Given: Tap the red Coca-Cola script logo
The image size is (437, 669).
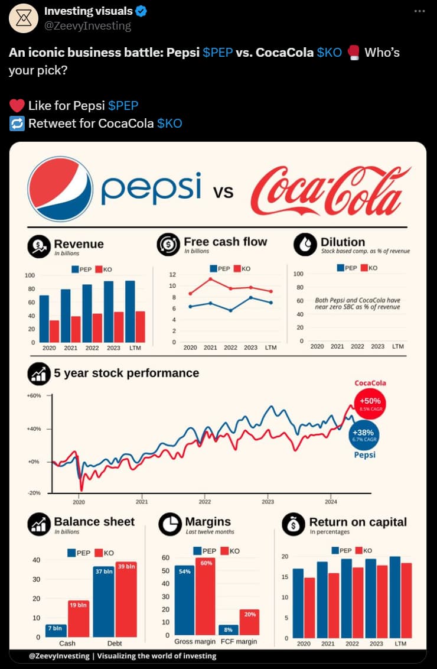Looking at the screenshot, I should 330,190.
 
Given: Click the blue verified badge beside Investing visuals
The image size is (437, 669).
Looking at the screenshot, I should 142,11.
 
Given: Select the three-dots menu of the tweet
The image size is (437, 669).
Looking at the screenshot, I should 419,11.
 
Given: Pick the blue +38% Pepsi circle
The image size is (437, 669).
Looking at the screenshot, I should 363,435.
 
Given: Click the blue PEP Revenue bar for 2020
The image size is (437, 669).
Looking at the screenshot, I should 44,319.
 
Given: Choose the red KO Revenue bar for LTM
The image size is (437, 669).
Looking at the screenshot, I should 140,326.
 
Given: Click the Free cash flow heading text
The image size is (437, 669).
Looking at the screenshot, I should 225,242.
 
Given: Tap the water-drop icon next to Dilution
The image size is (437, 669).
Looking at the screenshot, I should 305,244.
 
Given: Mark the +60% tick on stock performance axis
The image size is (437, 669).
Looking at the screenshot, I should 34,395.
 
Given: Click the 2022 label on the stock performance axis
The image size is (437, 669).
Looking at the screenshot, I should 205,502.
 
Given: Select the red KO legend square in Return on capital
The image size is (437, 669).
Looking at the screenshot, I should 358,550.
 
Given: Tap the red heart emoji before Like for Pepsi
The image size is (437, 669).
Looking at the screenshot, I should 17,106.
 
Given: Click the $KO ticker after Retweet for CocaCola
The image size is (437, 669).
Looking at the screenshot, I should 169,124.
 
